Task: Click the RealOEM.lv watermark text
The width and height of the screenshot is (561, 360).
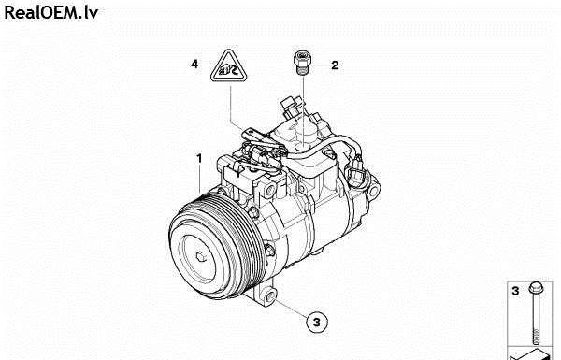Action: coord(50,13)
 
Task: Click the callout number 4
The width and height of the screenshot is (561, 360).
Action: coord(194,65)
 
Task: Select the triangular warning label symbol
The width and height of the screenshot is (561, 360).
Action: coord(229,65)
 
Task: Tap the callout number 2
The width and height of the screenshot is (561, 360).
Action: coord(335,65)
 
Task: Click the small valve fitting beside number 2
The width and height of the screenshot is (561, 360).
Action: coord(302,63)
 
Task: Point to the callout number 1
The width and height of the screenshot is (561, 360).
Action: coord(199,158)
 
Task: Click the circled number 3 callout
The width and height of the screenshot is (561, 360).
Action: coord(317,322)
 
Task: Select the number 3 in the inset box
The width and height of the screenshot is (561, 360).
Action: coord(515,291)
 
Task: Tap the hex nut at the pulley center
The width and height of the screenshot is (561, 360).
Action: coord(201,256)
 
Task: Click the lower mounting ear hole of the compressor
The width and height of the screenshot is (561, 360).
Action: coord(270,296)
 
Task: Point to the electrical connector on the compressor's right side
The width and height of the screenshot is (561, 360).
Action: coord(355,170)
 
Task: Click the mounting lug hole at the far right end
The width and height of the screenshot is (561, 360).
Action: coord(373,191)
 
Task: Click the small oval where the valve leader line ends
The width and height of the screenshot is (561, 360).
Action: coord(303,147)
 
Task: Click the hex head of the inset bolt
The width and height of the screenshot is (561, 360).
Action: coord(536,286)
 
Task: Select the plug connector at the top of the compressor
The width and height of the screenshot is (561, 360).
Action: coord(290,107)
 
